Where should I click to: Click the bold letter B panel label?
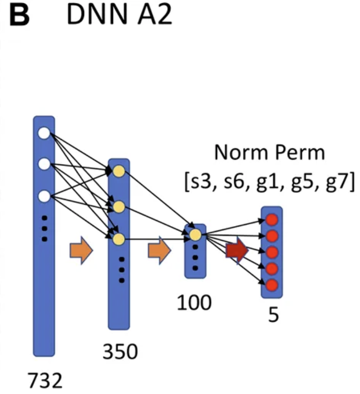click(x=19, y=15)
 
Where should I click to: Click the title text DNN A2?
click(x=119, y=15)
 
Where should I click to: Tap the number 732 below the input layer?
click(x=45, y=380)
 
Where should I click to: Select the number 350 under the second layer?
click(x=120, y=351)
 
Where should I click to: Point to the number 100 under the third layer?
click(x=194, y=303)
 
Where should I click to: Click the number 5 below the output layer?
click(x=273, y=315)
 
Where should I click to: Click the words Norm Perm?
click(x=270, y=152)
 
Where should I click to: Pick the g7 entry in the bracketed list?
click(x=339, y=182)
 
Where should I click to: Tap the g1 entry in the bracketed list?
click(x=269, y=182)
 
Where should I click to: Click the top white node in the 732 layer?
click(x=44, y=133)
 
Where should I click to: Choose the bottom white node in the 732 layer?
click(x=44, y=196)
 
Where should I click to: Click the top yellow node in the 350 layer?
click(x=119, y=171)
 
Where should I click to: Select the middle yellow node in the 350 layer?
click(x=119, y=207)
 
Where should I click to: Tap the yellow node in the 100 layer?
click(x=195, y=235)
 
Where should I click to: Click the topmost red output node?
click(x=272, y=219)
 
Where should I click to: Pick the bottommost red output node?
click(x=272, y=285)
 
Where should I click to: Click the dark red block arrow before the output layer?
click(x=237, y=250)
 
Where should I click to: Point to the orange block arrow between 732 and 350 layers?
click(x=81, y=250)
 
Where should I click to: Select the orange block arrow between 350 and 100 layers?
click(x=159, y=250)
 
